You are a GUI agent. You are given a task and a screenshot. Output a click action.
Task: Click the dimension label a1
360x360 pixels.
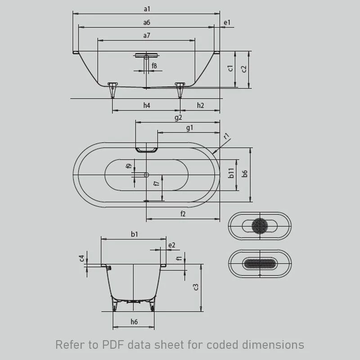click(x=147, y=9)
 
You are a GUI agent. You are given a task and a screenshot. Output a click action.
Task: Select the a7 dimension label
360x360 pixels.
click(x=147, y=35)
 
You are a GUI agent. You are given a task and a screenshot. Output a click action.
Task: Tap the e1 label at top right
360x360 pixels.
click(x=227, y=22)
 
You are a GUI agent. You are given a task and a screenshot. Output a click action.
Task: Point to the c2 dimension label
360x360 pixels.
click(x=244, y=69)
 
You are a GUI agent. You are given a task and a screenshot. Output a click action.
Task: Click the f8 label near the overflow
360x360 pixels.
click(x=154, y=66)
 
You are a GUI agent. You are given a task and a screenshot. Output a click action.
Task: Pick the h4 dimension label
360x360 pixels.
click(x=147, y=105)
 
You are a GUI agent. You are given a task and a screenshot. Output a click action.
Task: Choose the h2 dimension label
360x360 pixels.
click(x=200, y=105)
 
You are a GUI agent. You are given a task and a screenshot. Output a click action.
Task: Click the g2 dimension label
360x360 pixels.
click(x=178, y=117)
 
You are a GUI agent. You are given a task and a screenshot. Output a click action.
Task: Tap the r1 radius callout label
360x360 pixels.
click(x=227, y=135)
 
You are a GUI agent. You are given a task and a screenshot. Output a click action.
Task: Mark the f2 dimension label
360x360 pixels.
click(x=183, y=214)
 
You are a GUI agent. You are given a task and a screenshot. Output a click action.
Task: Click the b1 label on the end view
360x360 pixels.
click(x=134, y=234)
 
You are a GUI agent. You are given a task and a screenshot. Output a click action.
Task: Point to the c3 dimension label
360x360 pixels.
click(x=196, y=287)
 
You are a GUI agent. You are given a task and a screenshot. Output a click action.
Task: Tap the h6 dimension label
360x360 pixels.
click(x=134, y=321)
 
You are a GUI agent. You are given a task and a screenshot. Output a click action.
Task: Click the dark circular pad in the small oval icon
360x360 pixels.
click(x=260, y=225)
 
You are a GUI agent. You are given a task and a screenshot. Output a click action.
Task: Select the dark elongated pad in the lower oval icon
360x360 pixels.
click(x=260, y=264)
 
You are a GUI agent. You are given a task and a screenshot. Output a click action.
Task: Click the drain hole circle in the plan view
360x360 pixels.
click(x=146, y=174)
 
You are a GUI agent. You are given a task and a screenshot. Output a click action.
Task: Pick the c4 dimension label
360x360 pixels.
click(x=81, y=258)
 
